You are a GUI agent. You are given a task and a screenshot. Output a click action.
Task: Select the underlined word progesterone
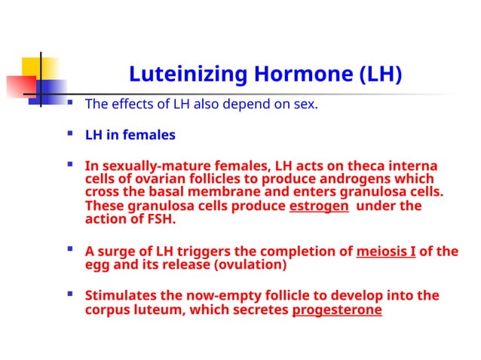coord(337,310)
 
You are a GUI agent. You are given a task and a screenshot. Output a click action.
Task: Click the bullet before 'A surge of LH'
coord(70,249)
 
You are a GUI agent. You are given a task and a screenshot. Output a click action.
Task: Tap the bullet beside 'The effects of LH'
coord(70,102)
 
